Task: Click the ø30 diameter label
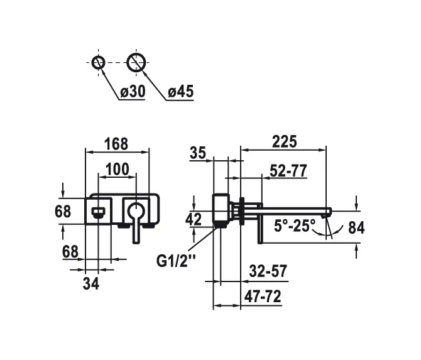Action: click(x=132, y=92)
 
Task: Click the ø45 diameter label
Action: click(x=180, y=92)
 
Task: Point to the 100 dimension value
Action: click(x=117, y=169)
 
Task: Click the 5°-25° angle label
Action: click(x=294, y=226)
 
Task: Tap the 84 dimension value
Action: click(x=356, y=227)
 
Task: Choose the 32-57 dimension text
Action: click(x=266, y=271)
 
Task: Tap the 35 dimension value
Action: click(x=197, y=153)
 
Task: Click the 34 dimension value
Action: click(x=91, y=283)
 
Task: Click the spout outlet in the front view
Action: click(x=99, y=210)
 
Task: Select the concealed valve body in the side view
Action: click(x=221, y=210)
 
